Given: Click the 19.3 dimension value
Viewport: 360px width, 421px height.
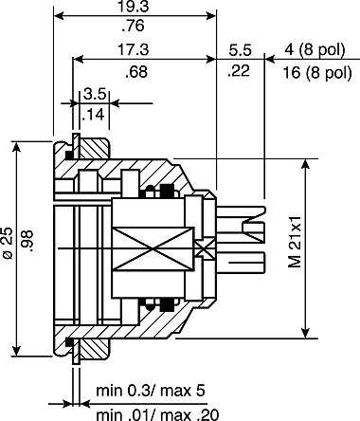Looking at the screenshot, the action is pyautogui.click(x=133, y=7).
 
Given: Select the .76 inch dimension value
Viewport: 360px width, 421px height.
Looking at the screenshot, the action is pyautogui.click(x=134, y=26).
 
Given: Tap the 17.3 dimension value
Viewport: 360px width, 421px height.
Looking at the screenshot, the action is pyautogui.click(x=133, y=49).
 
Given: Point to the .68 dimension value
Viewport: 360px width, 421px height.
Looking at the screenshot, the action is pyautogui.click(x=136, y=72).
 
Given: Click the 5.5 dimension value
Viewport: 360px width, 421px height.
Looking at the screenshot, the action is pyautogui.click(x=240, y=50).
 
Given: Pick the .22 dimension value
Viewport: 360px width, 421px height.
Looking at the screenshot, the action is pyautogui.click(x=239, y=70).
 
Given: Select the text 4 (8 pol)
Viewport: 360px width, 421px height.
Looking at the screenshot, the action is pyautogui.click(x=315, y=49).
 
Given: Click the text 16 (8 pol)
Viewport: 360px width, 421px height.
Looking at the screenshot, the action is pyautogui.click(x=317, y=72).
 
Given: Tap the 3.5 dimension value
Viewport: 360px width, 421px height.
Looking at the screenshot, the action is pyautogui.click(x=94, y=94).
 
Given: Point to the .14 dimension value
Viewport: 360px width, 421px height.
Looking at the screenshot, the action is pyautogui.click(x=93, y=115).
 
